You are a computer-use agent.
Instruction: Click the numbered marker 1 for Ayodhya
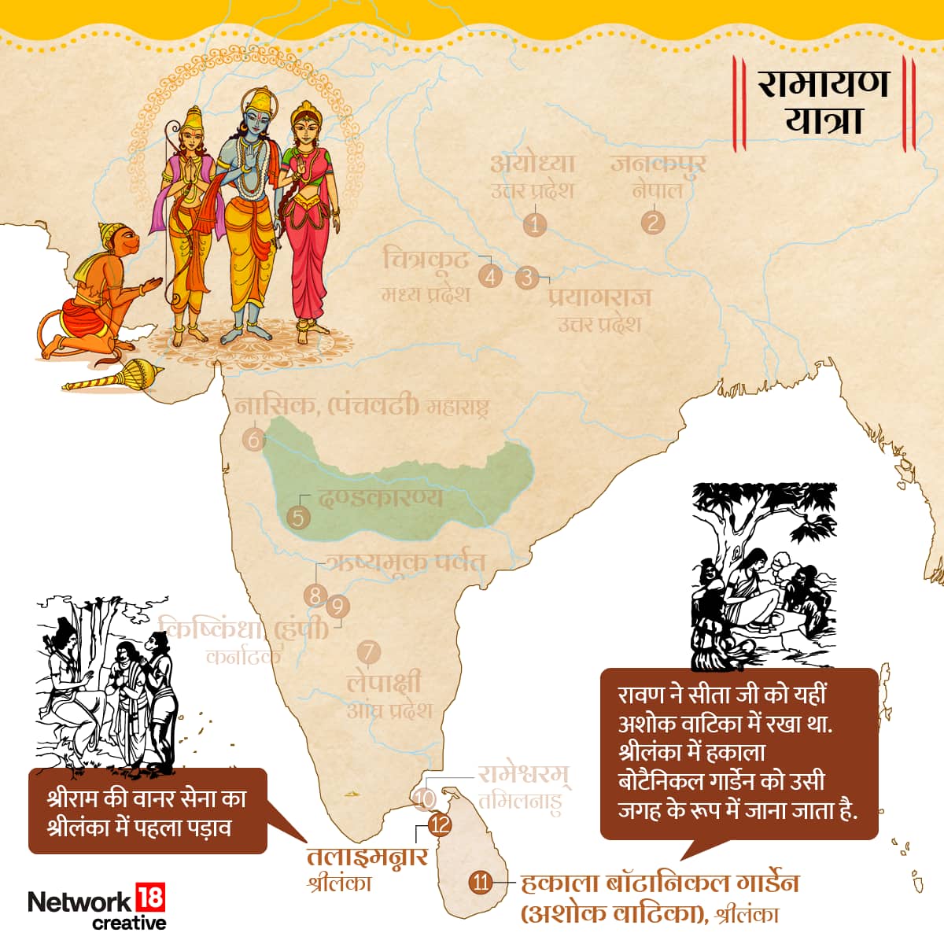[535, 224]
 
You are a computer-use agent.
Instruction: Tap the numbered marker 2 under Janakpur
[652, 222]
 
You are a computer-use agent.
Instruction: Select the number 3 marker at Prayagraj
[527, 278]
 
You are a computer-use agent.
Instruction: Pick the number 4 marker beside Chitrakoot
[490, 276]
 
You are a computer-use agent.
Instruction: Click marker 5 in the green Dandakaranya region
[298, 518]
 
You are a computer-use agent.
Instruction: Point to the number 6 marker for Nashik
[253, 439]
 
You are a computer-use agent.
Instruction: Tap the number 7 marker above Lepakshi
[368, 652]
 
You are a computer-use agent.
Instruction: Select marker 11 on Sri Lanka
[480, 882]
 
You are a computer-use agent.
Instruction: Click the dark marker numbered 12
[440, 825]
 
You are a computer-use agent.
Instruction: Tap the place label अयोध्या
[533, 164]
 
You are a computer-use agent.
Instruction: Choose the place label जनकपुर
[658, 164]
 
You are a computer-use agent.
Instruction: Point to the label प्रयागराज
[600, 297]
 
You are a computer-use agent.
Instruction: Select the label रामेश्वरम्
[524, 775]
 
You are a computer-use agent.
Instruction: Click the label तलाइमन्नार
[367, 856]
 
